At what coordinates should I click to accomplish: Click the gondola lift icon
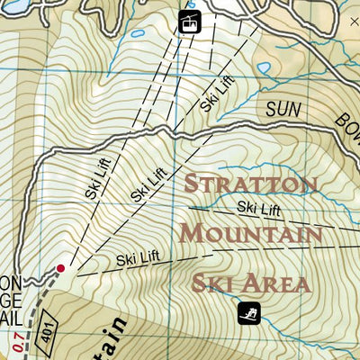(x=189, y=22)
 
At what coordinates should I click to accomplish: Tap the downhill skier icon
(x=248, y=313)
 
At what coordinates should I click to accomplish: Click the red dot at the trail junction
(x=60, y=267)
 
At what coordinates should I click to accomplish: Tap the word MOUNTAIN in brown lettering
(x=250, y=234)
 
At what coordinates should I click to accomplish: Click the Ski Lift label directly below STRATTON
(x=259, y=209)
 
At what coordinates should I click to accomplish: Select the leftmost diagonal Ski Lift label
(x=97, y=179)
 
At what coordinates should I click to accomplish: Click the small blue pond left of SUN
(x=264, y=67)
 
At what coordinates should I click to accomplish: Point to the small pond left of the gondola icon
(x=137, y=34)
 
